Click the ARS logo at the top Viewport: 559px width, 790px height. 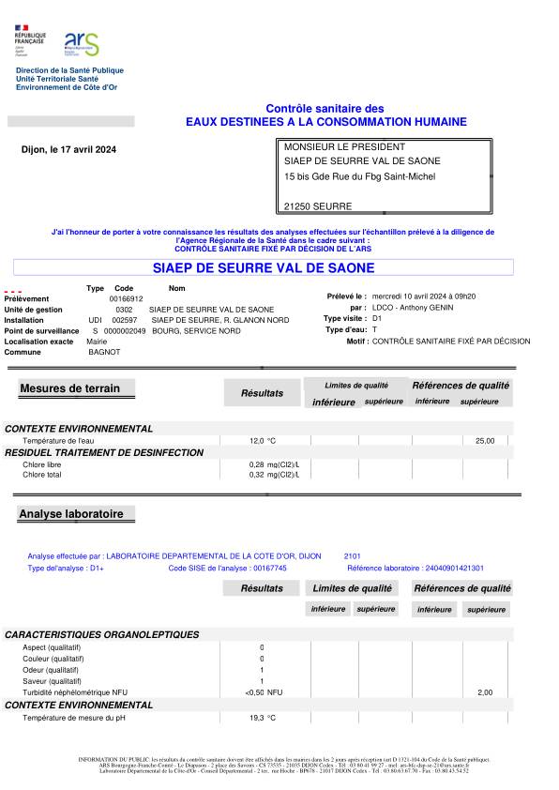(x=81, y=42)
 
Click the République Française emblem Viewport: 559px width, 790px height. (x=29, y=41)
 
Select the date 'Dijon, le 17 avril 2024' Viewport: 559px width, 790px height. (x=68, y=150)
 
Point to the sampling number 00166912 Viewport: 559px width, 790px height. (x=126, y=298)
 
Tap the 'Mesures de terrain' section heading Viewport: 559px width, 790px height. (x=76, y=388)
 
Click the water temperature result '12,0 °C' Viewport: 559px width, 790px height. (x=263, y=440)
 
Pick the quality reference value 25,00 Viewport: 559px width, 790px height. (x=485, y=440)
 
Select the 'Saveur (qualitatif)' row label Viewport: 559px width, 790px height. (x=51, y=681)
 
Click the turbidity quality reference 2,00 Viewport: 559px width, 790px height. (x=485, y=692)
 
